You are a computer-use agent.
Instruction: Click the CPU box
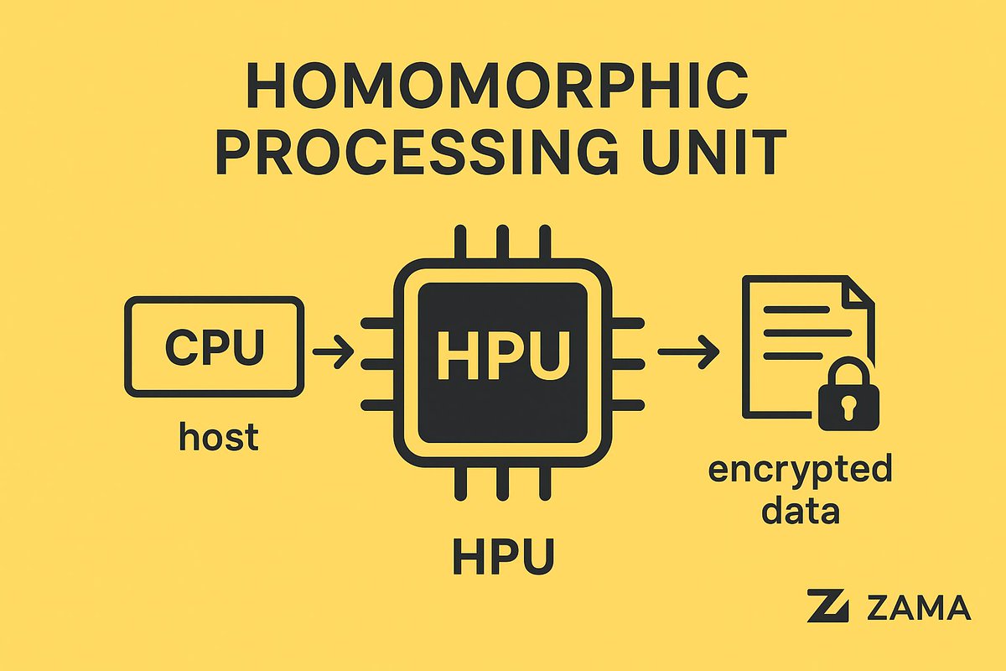point(214,345)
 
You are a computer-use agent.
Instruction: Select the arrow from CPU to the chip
point(332,351)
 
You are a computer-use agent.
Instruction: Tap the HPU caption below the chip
point(503,555)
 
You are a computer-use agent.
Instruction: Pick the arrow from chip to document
point(687,351)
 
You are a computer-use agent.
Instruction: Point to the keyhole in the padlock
point(844,409)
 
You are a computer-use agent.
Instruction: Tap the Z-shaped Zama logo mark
point(829,606)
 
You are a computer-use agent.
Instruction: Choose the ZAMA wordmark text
point(920,607)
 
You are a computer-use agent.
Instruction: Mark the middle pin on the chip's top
point(503,241)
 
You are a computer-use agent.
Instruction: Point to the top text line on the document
point(792,309)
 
